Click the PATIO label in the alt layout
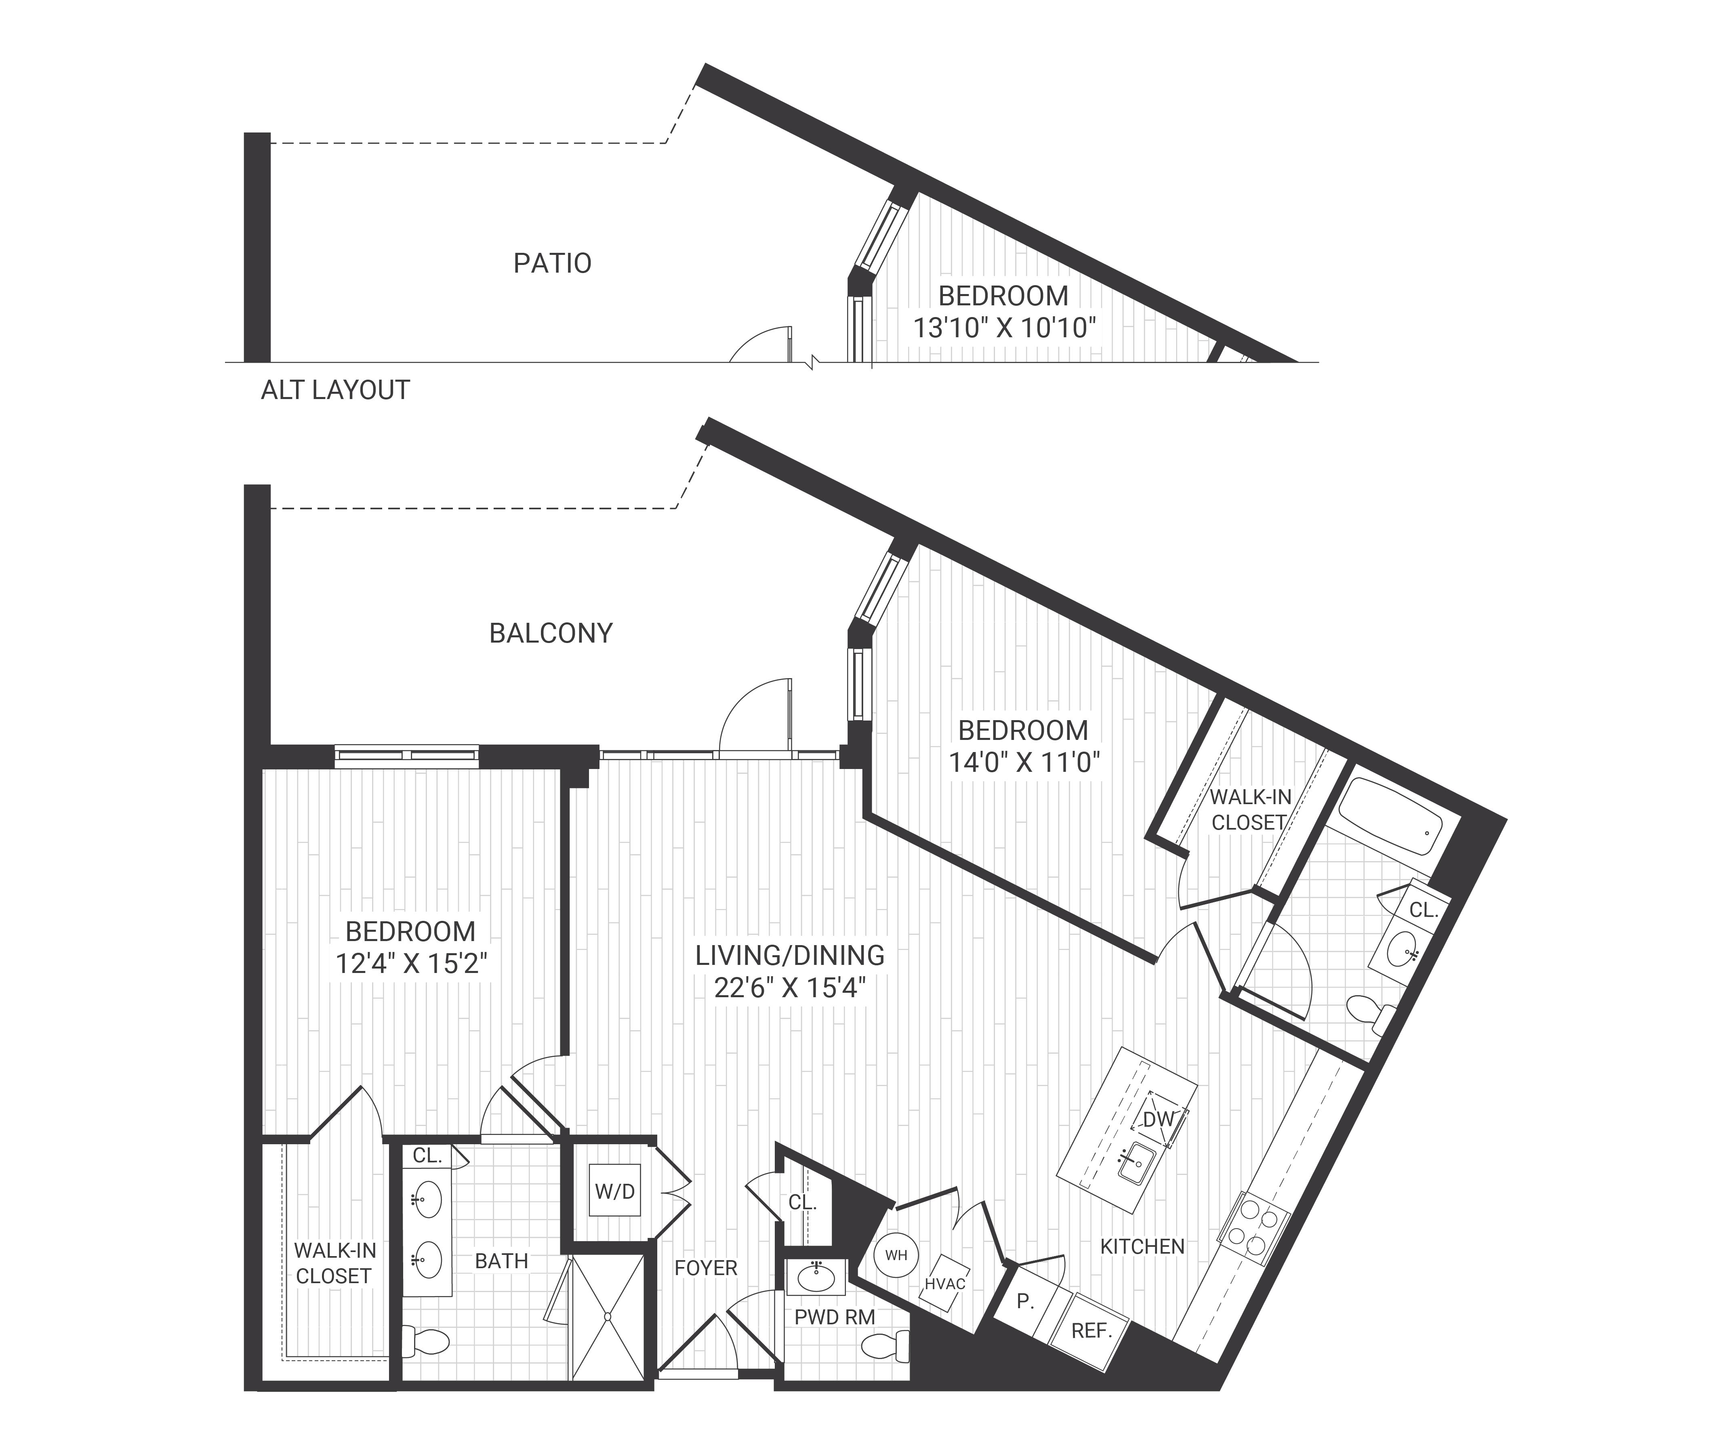pos(552,263)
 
